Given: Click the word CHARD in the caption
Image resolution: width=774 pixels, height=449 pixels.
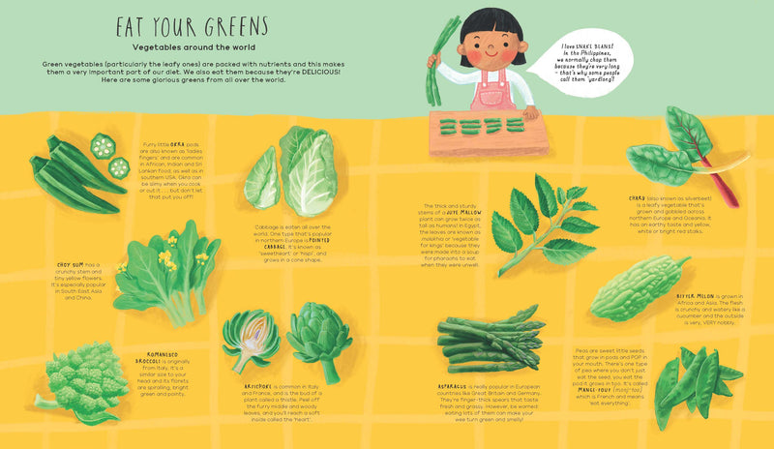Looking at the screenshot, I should pos(639,197).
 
